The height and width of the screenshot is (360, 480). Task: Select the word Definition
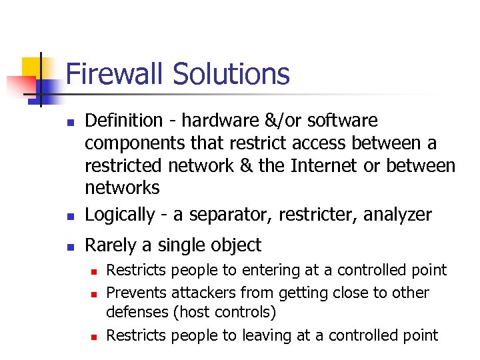pyautogui.click(x=124, y=121)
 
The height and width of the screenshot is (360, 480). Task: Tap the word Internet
pyautogui.click(x=324, y=165)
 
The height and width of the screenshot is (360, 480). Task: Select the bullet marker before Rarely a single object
pyautogui.click(x=69, y=247)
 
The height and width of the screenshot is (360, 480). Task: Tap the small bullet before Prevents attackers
pyautogui.click(x=94, y=294)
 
